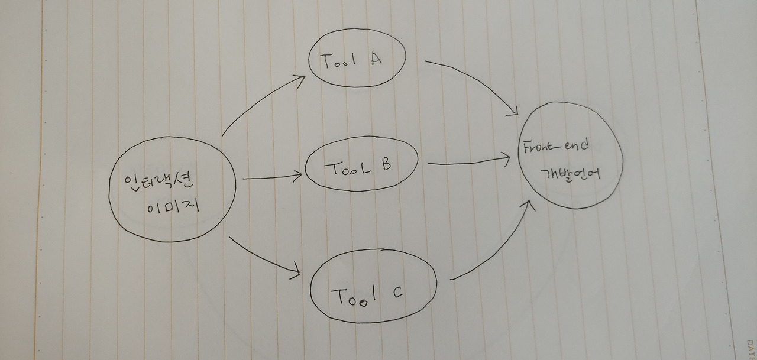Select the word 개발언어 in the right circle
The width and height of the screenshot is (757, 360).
(571, 173)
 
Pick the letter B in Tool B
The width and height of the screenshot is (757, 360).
(383, 165)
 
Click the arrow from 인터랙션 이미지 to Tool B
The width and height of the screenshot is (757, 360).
(272, 177)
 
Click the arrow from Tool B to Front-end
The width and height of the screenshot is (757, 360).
(467, 161)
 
